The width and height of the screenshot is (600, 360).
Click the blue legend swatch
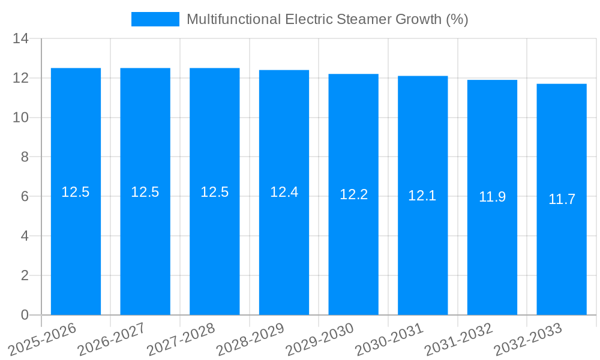(155, 19)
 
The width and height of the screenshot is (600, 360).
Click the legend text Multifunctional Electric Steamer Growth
(327, 19)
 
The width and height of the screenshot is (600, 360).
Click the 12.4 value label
(284, 192)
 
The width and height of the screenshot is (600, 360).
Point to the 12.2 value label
(353, 194)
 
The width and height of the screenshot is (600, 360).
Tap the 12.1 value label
(422, 196)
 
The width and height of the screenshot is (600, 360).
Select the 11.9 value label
(492, 197)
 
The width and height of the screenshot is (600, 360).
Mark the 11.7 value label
(562, 199)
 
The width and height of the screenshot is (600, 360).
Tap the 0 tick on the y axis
(25, 315)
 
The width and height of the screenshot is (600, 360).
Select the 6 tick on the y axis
(25, 196)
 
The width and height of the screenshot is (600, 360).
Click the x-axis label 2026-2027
(112, 339)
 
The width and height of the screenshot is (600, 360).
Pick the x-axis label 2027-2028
(181, 339)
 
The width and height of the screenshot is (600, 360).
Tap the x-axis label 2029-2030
(320, 339)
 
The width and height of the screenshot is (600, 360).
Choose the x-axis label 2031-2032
(459, 339)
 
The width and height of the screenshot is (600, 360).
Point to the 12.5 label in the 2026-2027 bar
(145, 192)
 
